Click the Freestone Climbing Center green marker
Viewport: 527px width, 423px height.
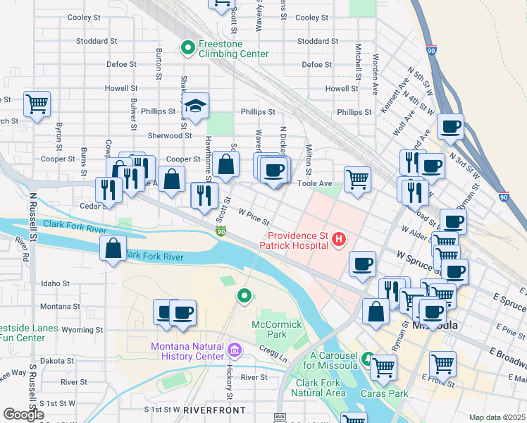point(188,48)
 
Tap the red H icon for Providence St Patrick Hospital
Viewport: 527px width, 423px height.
point(339,240)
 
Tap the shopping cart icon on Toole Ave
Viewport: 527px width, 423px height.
point(358,178)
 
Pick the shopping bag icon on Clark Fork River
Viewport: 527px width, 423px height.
point(113,249)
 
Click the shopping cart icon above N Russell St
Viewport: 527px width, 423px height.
point(37,104)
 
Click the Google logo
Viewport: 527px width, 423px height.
point(23,415)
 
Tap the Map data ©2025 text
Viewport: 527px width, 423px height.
point(497,417)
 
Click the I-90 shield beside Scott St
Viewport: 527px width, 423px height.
point(221,231)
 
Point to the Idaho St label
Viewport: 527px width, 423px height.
point(55,283)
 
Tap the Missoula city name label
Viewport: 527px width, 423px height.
point(435,326)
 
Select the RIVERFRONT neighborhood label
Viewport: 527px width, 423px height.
point(214,410)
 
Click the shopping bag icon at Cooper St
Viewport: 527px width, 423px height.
point(226,166)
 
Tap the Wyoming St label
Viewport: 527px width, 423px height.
point(82,329)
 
